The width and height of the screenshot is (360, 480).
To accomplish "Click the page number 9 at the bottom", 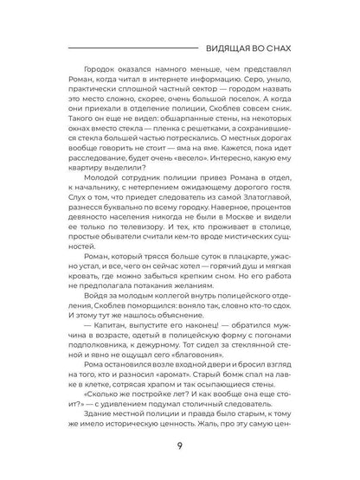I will [180, 448].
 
